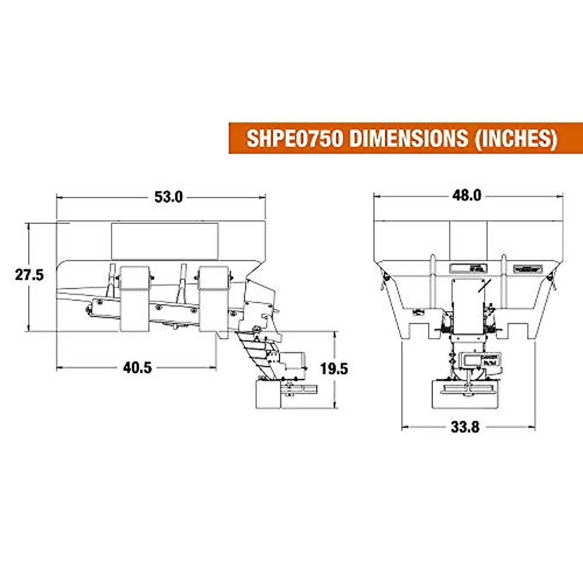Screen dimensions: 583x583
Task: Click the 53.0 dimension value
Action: click(169, 197)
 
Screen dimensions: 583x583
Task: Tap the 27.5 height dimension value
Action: click(29, 275)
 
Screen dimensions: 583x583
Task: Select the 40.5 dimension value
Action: click(137, 368)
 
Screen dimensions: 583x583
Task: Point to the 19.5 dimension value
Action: click(334, 369)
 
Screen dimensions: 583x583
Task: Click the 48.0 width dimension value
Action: click(466, 195)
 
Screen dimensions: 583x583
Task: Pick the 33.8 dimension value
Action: click(465, 428)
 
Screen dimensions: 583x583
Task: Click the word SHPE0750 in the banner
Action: click(294, 138)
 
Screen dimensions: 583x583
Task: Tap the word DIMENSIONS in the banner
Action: click(409, 138)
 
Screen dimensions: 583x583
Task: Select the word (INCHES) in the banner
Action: click(515, 138)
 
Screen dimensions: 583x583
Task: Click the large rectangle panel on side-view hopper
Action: click(165, 241)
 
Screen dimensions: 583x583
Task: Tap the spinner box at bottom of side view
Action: click(268, 394)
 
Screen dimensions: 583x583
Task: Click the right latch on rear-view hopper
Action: click(549, 277)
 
